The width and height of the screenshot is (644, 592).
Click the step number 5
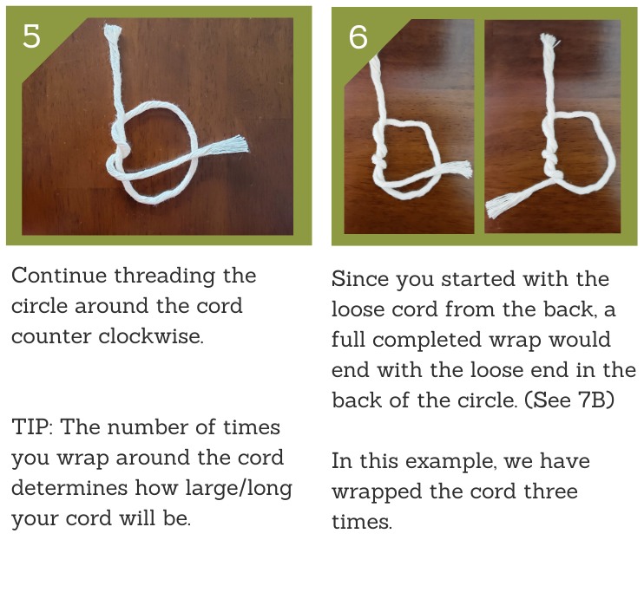point(31,36)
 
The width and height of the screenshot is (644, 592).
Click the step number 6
point(358,37)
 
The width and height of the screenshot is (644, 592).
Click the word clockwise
point(151,336)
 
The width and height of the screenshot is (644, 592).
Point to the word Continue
point(59,276)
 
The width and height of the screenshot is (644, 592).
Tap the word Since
point(360,279)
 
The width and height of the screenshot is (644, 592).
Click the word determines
point(69,488)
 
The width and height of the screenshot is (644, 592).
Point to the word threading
point(164,276)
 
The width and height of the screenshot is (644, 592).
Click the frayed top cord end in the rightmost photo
point(549,41)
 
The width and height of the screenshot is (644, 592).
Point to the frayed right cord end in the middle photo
point(463,169)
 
